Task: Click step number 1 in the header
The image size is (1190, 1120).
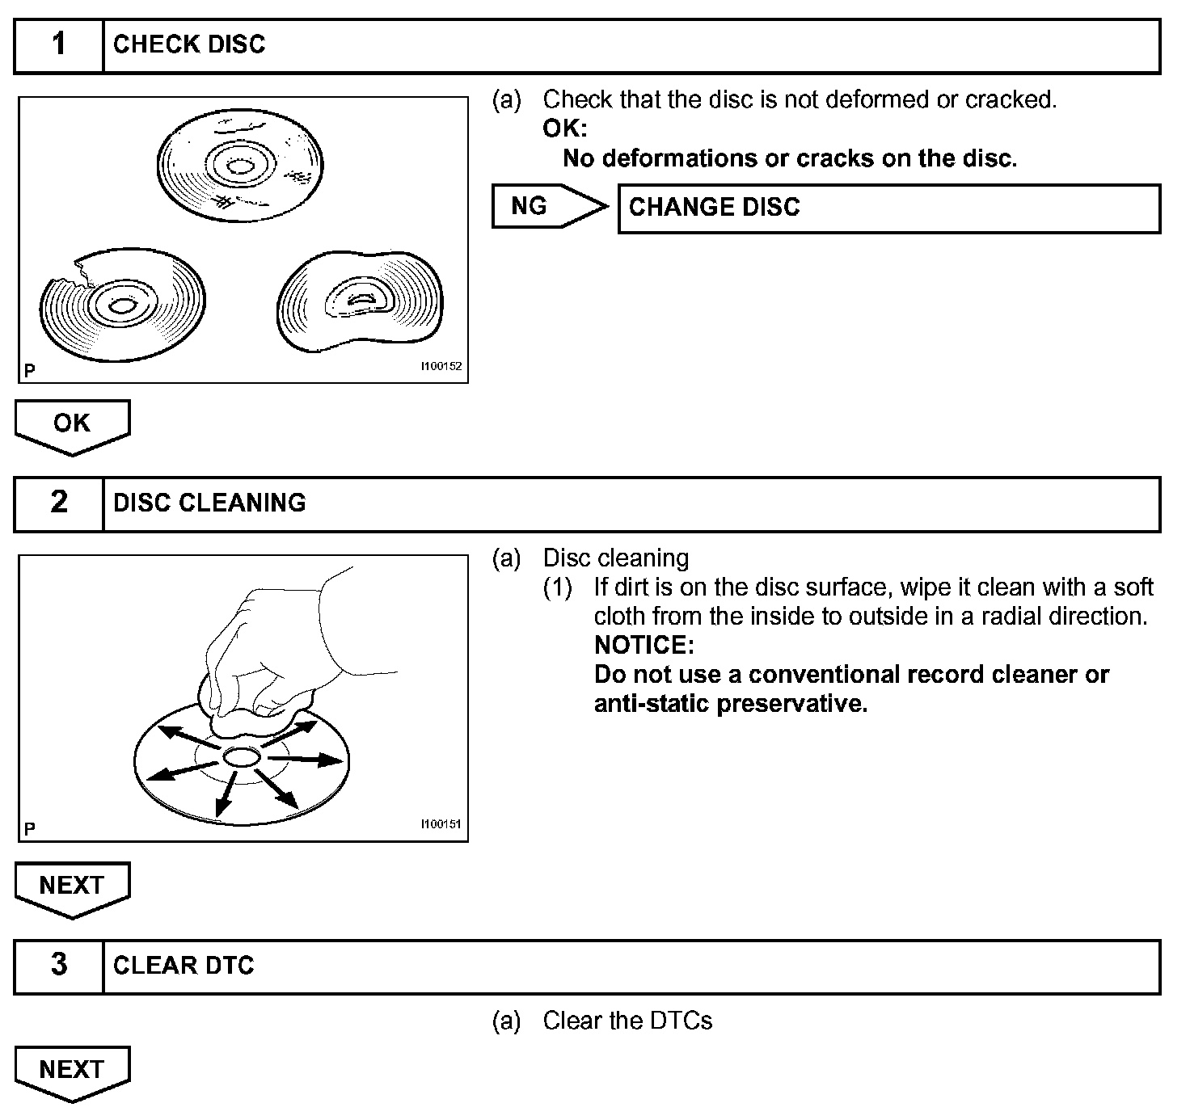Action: point(59,44)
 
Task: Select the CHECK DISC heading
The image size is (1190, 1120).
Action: point(189,44)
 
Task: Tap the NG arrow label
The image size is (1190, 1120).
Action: point(530,206)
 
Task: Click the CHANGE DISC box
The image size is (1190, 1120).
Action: point(888,208)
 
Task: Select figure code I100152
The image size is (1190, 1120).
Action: point(441,366)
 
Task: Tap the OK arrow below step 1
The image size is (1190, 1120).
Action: point(72,423)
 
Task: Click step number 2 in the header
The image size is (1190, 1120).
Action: point(59,503)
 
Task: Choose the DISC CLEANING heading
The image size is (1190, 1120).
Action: point(209,503)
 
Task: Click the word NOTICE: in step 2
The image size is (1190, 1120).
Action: point(644,645)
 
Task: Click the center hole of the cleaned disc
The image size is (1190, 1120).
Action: point(241,757)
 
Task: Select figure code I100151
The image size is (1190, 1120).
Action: point(441,824)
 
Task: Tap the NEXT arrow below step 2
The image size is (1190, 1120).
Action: point(72,886)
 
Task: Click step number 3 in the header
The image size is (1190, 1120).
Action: point(59,965)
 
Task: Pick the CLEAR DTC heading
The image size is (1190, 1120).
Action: point(184,966)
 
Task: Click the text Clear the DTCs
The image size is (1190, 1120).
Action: point(627,1021)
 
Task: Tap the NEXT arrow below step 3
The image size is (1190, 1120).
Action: point(72,1070)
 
